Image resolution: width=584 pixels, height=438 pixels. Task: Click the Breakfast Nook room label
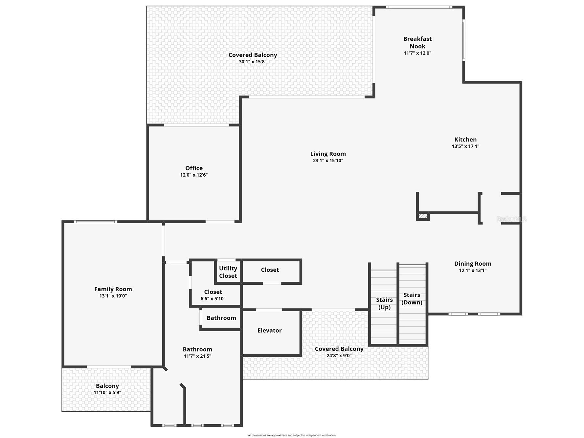coord(417,42)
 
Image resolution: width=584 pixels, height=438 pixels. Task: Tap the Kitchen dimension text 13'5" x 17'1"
coord(465,146)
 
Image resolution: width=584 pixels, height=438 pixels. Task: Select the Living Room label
coord(328,154)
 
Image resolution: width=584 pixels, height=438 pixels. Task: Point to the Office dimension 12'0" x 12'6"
coord(194,175)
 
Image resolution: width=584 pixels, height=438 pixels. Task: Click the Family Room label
coord(113,289)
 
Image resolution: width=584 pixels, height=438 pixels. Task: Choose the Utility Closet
coord(228,272)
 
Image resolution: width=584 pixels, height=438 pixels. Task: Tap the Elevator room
coord(270,331)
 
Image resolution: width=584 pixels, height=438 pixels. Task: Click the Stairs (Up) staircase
coord(384,303)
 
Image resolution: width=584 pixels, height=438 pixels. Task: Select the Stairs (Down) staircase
coord(412,298)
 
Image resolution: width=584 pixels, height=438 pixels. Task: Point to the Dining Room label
coord(473,264)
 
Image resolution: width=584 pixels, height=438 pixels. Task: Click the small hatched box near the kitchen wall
coord(423,216)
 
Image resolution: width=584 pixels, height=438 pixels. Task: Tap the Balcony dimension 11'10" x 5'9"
coord(107,392)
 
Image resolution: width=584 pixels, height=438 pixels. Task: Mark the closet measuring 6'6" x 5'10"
coord(213,295)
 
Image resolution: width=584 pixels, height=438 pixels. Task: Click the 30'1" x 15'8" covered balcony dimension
coord(253,62)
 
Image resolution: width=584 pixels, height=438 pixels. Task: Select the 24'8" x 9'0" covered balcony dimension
coord(339,356)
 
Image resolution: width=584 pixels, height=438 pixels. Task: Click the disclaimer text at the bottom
coord(292,435)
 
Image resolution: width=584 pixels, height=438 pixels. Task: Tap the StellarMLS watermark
coord(511,219)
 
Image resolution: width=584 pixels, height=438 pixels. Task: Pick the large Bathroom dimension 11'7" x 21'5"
coord(197,356)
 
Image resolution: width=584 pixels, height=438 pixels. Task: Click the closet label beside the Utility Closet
coord(270,270)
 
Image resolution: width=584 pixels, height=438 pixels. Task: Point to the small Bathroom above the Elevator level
coord(221,318)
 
